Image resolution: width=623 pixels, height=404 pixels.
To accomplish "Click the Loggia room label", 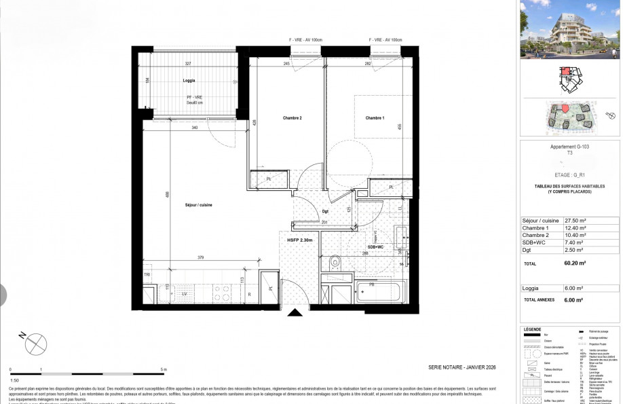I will [189, 81].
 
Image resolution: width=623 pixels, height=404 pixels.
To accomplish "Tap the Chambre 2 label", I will [292, 118].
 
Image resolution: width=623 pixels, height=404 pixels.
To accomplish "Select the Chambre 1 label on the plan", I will [375, 118].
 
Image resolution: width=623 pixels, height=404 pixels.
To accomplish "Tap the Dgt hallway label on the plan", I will [325, 210].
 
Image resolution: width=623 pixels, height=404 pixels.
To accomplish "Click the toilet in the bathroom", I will [334, 261].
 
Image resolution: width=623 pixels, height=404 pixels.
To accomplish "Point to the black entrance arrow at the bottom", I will [295, 313].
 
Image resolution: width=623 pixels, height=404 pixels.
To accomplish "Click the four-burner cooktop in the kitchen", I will [221, 293].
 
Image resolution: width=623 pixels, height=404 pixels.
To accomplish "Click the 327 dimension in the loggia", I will [188, 63].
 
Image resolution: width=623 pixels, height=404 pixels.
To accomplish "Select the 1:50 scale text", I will [14, 382].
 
